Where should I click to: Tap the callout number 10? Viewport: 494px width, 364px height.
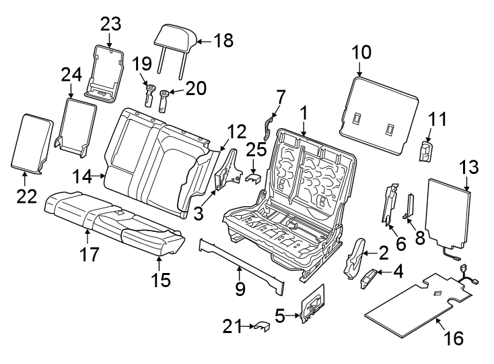[x=361, y=52]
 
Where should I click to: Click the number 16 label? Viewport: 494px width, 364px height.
[x=454, y=338]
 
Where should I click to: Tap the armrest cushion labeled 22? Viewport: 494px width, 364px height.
[x=32, y=142]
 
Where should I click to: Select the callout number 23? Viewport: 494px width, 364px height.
[x=110, y=24]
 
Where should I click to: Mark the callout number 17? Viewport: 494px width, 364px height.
[x=90, y=255]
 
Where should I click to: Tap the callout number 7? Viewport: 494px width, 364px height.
[x=280, y=97]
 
